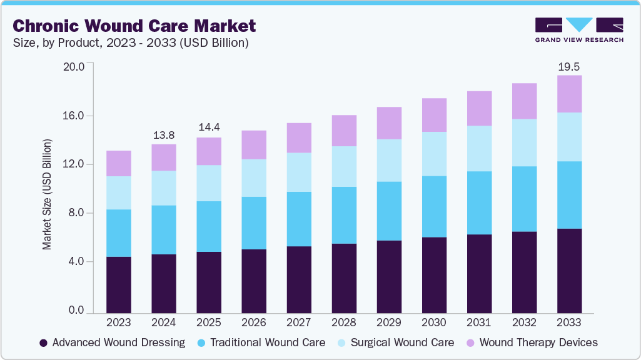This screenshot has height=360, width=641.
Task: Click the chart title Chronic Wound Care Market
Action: (134, 26)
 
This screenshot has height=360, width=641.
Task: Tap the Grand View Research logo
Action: (578, 29)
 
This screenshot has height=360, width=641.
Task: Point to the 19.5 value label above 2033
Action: (569, 66)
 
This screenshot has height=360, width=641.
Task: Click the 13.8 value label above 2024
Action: (164, 135)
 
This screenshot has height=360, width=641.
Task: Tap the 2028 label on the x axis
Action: (344, 322)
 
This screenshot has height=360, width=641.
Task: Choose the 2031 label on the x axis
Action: (479, 322)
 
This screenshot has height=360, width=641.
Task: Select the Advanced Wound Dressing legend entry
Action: (112, 342)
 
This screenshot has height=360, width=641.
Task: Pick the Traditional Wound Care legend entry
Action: (261, 342)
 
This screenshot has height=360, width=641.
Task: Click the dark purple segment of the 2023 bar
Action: (119, 284)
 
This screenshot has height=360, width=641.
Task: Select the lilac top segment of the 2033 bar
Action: (569, 94)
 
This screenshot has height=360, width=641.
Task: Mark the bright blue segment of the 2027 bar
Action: (299, 219)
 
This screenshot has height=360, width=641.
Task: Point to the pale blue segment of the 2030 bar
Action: (434, 154)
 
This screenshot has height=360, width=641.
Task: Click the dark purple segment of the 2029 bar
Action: (389, 276)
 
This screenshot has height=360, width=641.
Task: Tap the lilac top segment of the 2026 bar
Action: (254, 144)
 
